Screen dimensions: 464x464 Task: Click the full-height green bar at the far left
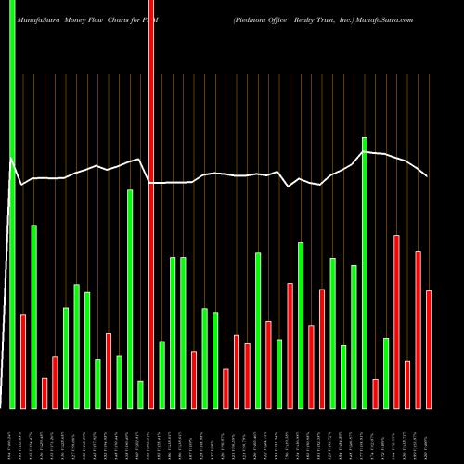[x=12, y=204]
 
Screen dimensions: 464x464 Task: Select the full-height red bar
[x=150, y=204]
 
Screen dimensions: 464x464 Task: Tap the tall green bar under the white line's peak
[x=365, y=273]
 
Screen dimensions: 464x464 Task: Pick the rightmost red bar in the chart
[x=429, y=350]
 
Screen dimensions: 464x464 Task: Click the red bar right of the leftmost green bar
[x=22, y=361]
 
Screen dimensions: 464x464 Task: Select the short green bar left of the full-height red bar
[x=140, y=394]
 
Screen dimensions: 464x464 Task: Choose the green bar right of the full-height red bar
[x=161, y=375]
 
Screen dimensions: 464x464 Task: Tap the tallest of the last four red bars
[x=396, y=321]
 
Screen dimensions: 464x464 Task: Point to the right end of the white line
[x=427, y=175]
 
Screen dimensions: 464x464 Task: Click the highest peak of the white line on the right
[x=365, y=151]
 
